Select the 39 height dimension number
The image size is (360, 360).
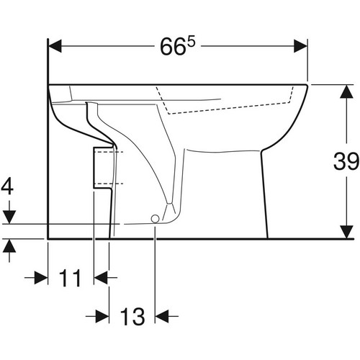click(x=346, y=161)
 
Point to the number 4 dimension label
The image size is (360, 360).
click(x=7, y=186)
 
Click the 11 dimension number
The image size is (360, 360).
click(x=70, y=278)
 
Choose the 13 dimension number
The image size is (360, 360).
click(x=132, y=317)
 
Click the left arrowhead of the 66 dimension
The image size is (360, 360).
click(x=55, y=46)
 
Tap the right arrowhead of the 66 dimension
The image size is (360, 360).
click(x=301, y=46)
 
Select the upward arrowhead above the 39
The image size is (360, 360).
click(x=346, y=91)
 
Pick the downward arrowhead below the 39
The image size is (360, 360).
click(x=346, y=232)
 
